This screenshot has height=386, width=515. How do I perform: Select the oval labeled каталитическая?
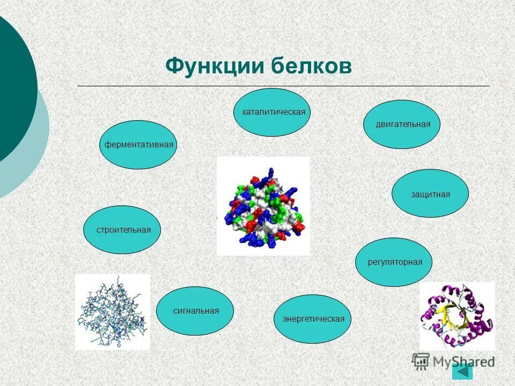tap(273, 112)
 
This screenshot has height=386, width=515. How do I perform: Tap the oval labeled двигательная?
tap(403, 124)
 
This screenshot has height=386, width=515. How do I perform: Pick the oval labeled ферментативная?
tap(138, 145)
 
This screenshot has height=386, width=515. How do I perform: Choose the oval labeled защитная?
tap(430, 194)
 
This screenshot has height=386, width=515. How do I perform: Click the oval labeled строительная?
tap(123, 229)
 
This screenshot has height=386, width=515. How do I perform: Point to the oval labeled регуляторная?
tap(394, 262)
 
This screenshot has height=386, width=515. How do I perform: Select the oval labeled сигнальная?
tap(195, 311)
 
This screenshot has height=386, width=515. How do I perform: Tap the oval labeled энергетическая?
tap(313, 319)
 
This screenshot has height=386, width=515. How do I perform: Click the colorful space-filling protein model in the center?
tap(263, 206)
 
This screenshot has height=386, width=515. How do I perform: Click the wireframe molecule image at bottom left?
tap(112, 311)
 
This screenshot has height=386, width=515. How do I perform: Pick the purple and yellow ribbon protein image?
tap(457, 316)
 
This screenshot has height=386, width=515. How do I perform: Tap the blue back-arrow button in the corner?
tap(462, 372)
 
